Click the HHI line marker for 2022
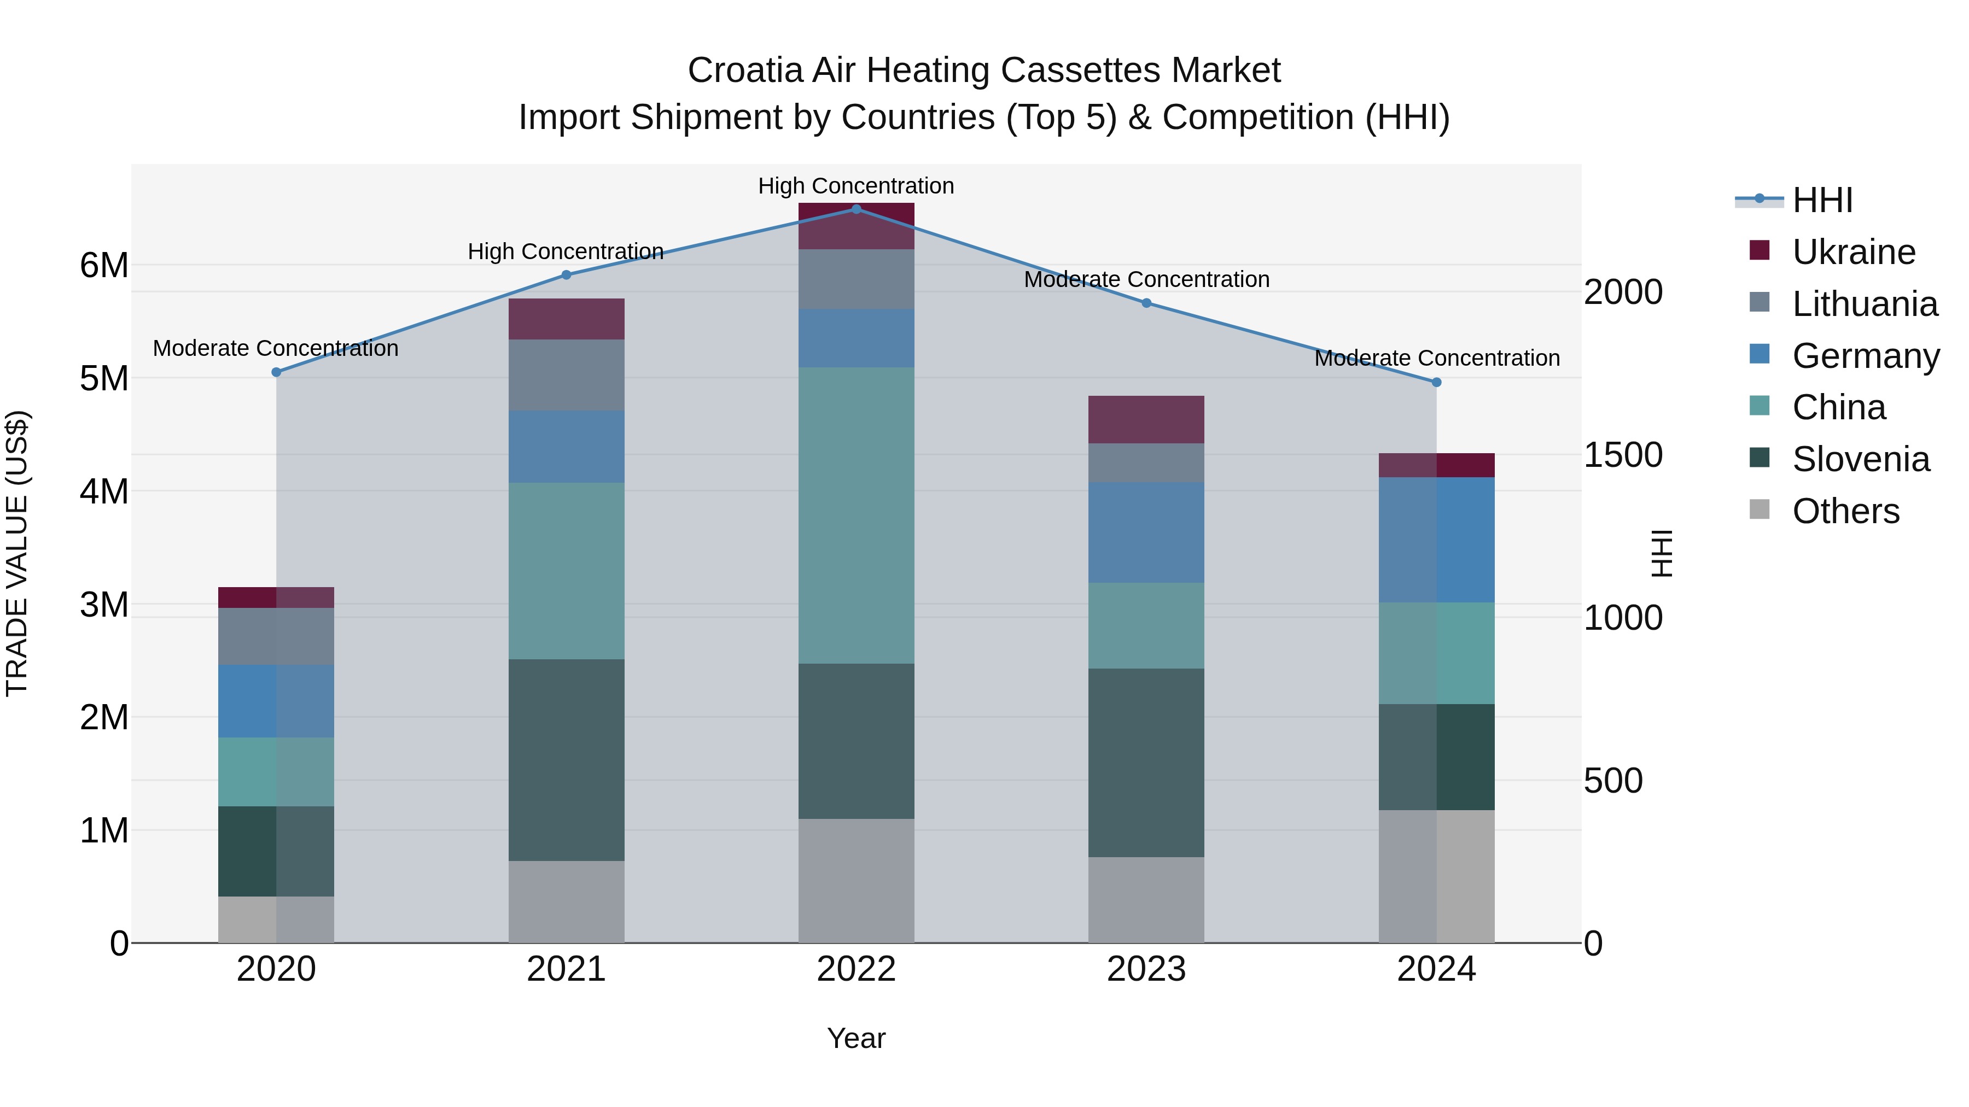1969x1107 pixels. (856, 209)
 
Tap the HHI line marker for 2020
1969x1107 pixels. (276, 372)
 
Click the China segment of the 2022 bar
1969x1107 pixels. (856, 516)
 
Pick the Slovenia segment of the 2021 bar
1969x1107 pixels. (567, 760)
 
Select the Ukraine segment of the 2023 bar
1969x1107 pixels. (1146, 419)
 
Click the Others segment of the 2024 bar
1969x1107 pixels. (1436, 876)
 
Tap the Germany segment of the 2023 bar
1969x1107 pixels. (1146, 532)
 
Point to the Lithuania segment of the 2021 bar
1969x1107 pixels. (567, 375)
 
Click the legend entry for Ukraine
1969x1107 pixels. (1853, 252)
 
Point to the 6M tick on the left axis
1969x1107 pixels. (104, 266)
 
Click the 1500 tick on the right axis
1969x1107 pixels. (1622, 455)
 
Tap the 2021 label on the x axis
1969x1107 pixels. (567, 969)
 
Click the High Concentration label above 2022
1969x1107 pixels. (856, 186)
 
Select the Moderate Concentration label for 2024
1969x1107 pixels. (1436, 358)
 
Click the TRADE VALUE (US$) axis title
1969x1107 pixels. (17, 553)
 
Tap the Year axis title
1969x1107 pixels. (856, 1038)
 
